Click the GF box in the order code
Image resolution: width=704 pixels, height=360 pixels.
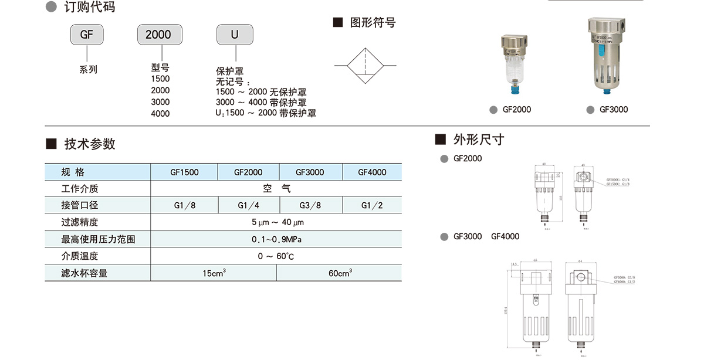(87, 35)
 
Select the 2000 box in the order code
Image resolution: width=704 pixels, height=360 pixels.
(158, 35)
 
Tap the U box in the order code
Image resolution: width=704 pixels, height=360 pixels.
(235, 35)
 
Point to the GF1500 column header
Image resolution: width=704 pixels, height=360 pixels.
(184, 172)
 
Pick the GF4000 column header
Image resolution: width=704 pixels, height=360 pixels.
(373, 172)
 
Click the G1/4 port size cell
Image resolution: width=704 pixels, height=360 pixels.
(248, 206)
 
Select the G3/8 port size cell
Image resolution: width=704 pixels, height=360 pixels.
(310, 206)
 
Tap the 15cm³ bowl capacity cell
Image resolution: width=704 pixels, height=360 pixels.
(214, 273)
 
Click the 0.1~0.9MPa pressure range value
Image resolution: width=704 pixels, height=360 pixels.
(276, 239)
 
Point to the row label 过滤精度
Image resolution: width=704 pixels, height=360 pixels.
(80, 223)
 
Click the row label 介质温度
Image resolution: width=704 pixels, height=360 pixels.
(80, 256)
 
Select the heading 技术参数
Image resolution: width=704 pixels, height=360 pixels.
(90, 144)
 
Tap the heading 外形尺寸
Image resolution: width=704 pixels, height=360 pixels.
(478, 140)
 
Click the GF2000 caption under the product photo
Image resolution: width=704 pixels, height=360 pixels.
(517, 110)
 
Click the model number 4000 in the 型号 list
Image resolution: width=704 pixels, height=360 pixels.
(160, 114)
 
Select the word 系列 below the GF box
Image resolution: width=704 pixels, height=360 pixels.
(88, 70)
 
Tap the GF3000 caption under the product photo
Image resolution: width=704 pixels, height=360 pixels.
(614, 110)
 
